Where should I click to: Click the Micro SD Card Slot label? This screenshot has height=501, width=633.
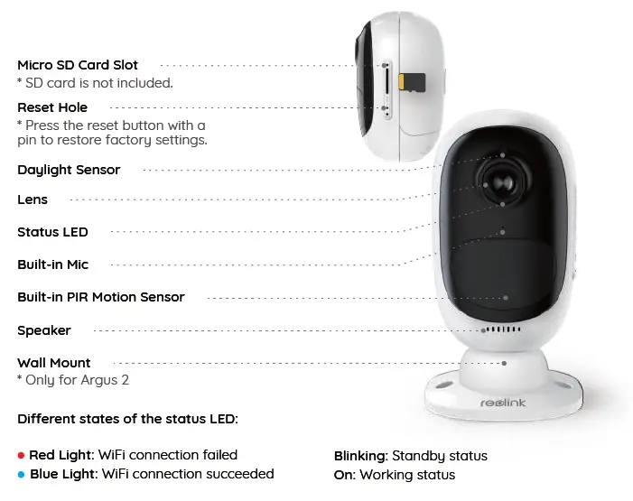tap(78, 65)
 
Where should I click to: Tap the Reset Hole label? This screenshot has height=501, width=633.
tap(52, 107)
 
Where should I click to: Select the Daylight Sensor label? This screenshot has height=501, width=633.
tap(69, 170)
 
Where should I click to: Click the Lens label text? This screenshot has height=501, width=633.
tap(33, 199)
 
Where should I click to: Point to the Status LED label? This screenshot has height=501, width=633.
tap(52, 232)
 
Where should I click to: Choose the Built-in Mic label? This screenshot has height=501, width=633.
tap(53, 264)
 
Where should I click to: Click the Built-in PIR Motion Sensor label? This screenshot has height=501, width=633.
tap(100, 297)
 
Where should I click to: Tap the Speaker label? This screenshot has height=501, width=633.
tap(44, 330)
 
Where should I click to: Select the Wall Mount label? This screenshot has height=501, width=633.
tap(54, 363)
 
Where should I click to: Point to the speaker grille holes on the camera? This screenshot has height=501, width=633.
tap(502, 330)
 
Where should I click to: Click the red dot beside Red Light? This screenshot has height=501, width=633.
tap(22, 456)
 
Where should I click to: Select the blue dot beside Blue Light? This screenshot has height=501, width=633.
tap(22, 474)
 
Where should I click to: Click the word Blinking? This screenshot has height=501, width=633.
tap(360, 456)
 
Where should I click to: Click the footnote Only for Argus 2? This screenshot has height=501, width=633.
tap(73, 380)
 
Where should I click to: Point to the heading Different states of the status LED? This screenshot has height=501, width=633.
tap(126, 419)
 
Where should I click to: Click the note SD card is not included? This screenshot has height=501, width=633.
tap(95, 83)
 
